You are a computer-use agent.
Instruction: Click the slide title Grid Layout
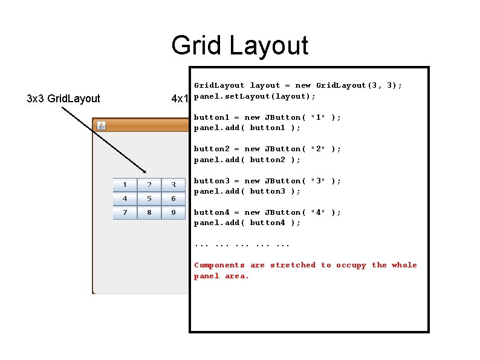point(239,45)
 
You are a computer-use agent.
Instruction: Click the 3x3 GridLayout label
point(63,98)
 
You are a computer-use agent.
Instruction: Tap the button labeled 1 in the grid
point(125,185)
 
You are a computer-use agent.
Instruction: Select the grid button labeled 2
point(149,185)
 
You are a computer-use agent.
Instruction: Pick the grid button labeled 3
point(174,185)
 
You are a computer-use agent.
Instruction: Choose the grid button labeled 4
point(125,198)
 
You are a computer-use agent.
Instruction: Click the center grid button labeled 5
point(149,198)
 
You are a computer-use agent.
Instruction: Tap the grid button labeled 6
point(174,198)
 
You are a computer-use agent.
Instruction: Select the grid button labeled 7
point(125,212)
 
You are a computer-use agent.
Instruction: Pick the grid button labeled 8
point(149,212)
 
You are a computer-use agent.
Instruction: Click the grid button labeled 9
point(174,212)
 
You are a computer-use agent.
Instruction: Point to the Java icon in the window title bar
point(102,126)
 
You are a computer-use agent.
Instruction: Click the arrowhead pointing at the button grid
point(144,171)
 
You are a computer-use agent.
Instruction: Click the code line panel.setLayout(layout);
point(255,96)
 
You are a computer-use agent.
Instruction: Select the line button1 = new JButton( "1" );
point(267,117)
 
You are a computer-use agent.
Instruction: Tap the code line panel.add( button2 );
point(247,160)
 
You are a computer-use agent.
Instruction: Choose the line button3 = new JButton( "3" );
point(267,181)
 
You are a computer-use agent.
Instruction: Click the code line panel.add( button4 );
point(247,223)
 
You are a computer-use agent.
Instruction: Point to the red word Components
point(219,265)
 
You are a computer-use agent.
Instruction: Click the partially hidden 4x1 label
point(180,99)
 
